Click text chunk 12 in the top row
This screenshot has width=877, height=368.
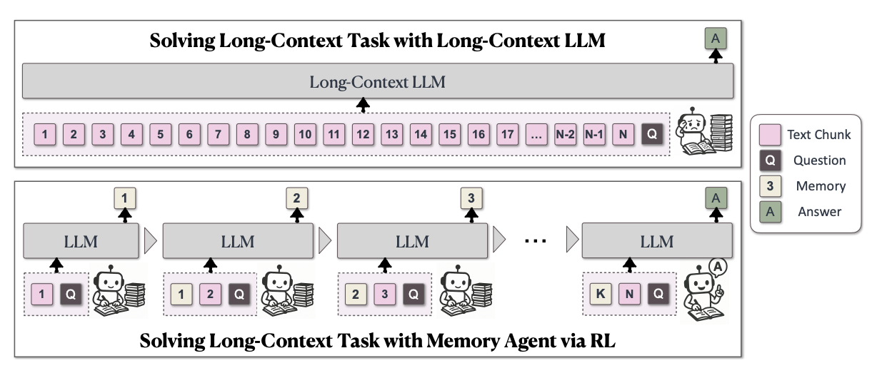[363, 133]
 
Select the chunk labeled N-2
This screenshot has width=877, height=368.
[565, 133]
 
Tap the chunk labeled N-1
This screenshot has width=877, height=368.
[594, 133]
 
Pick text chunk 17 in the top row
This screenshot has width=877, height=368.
[508, 133]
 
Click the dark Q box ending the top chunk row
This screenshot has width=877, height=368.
[651, 133]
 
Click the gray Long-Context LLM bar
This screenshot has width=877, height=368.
[377, 81]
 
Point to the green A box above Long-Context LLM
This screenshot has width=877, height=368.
[715, 38]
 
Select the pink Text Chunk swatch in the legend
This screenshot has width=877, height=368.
[770, 134]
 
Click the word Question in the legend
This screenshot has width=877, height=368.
[821, 160]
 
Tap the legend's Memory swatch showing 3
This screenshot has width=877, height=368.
[770, 186]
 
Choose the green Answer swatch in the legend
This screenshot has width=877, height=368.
[770, 212]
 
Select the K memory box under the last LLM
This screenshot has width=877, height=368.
[601, 293]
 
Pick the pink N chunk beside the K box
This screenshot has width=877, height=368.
[629, 293]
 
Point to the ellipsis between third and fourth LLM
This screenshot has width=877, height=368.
[535, 241]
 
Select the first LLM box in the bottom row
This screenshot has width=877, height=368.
[81, 241]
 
